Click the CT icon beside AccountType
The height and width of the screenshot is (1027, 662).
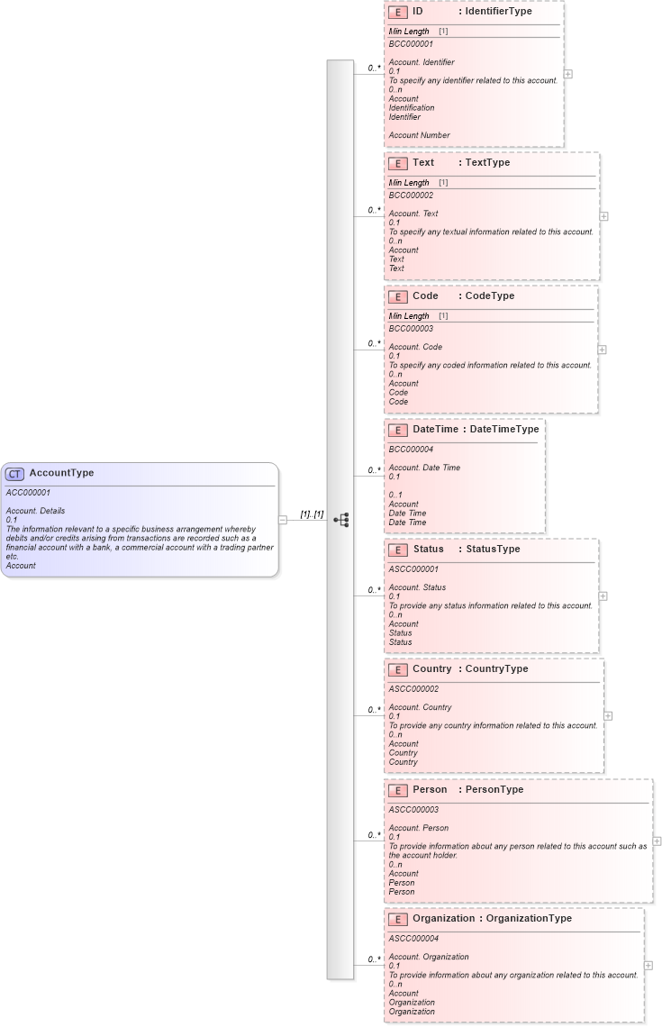(x=15, y=474)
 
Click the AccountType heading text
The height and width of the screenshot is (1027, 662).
(x=61, y=473)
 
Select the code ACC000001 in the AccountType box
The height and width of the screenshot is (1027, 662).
(x=28, y=493)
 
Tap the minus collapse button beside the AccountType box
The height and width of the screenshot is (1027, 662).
(x=283, y=519)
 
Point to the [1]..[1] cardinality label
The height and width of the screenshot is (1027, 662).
(x=312, y=514)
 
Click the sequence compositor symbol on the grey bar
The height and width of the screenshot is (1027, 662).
(x=340, y=520)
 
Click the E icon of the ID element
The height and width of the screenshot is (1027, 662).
(x=397, y=13)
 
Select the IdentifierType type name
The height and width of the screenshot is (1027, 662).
(x=498, y=12)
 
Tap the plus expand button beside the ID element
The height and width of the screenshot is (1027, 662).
(x=568, y=74)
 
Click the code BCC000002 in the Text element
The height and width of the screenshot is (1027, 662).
(x=411, y=195)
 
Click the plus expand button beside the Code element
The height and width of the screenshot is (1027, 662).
(x=603, y=350)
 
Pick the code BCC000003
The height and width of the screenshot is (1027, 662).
(x=411, y=329)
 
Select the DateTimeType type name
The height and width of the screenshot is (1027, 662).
(x=504, y=430)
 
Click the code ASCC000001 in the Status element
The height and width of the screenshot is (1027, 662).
(x=413, y=568)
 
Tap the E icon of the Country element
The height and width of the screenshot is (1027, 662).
(x=397, y=670)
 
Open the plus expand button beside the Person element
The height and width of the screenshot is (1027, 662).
(x=657, y=841)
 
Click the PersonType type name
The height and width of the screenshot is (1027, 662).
(x=494, y=790)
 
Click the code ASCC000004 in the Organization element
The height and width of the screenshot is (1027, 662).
(x=413, y=938)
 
